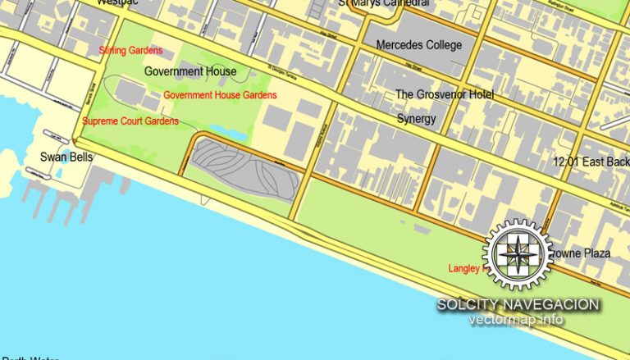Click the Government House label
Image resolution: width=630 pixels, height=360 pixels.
[190, 71]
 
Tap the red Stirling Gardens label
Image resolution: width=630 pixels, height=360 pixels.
[130, 51]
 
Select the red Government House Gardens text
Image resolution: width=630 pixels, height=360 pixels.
[220, 95]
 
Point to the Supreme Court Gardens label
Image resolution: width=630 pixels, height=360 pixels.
[130, 121]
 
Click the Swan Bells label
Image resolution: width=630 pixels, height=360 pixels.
[66, 157]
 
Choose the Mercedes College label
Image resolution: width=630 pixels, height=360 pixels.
[418, 45]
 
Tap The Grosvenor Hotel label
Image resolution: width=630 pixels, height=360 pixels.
[445, 95]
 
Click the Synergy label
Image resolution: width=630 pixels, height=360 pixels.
[417, 119]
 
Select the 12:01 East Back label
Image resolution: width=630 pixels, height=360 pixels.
[591, 162]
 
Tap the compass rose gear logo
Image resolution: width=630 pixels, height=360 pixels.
[516, 253]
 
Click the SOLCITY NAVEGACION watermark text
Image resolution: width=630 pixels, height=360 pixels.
[518, 304]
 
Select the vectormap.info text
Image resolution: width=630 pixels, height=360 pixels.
[516, 320]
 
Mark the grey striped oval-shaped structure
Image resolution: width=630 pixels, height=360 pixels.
[238, 168]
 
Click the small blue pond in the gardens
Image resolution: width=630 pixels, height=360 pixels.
[221, 131]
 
